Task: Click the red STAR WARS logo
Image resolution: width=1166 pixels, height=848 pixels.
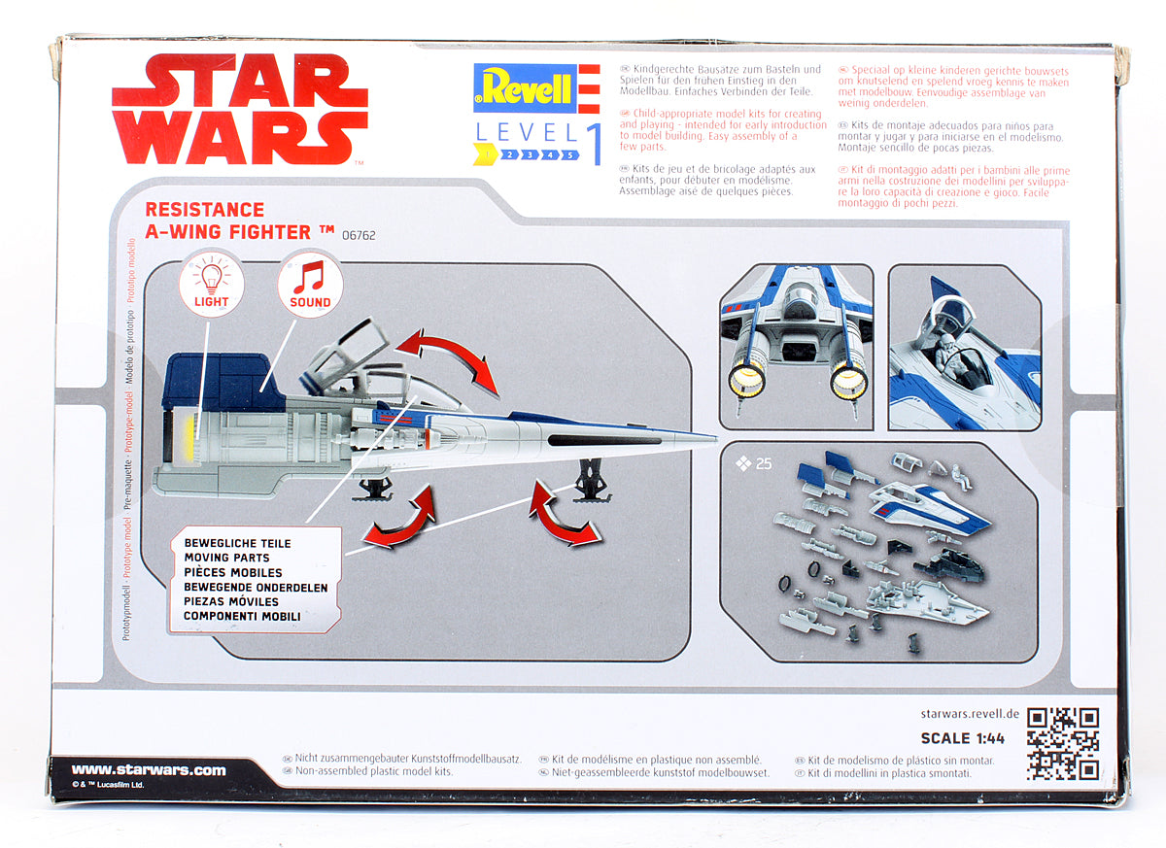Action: (x=239, y=110)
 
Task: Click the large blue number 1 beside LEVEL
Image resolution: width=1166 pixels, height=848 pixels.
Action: (x=592, y=143)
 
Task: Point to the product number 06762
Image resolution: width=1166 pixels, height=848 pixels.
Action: (x=358, y=235)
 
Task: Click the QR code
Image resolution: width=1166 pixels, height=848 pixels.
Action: (x=1063, y=743)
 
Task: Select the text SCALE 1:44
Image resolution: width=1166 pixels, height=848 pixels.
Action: (x=962, y=738)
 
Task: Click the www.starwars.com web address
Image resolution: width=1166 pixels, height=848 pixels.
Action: (x=149, y=770)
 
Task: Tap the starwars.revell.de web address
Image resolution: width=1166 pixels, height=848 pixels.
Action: (x=969, y=714)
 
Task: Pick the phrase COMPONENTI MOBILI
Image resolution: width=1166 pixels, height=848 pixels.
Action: (x=242, y=616)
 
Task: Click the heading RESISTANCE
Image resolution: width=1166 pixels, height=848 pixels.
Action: (x=204, y=209)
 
